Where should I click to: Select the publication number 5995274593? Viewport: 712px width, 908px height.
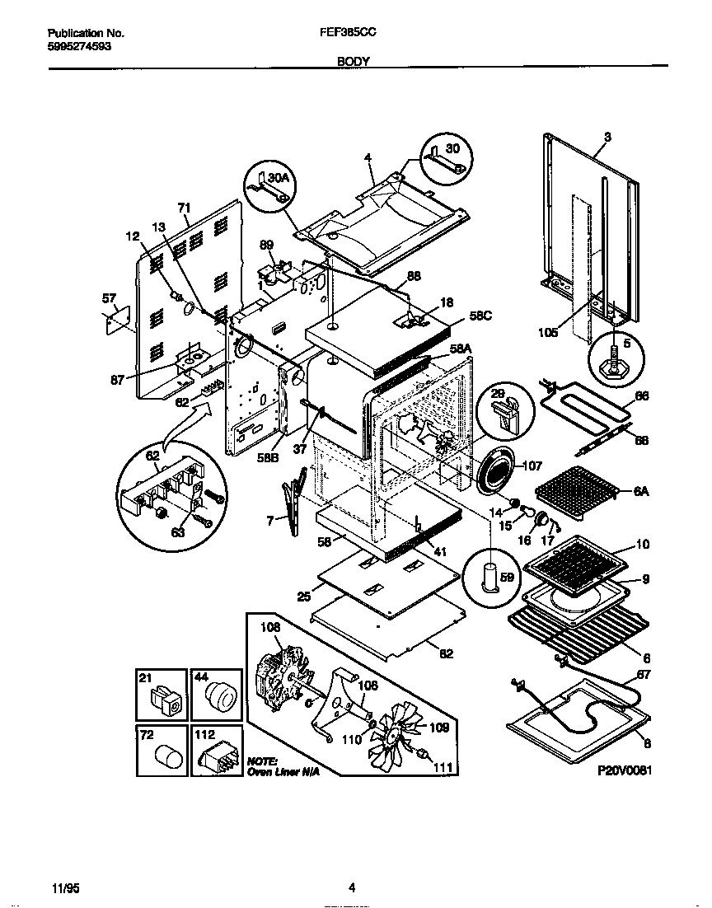79,46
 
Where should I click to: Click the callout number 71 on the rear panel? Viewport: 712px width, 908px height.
184,208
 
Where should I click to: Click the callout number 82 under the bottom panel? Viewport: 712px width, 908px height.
446,653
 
